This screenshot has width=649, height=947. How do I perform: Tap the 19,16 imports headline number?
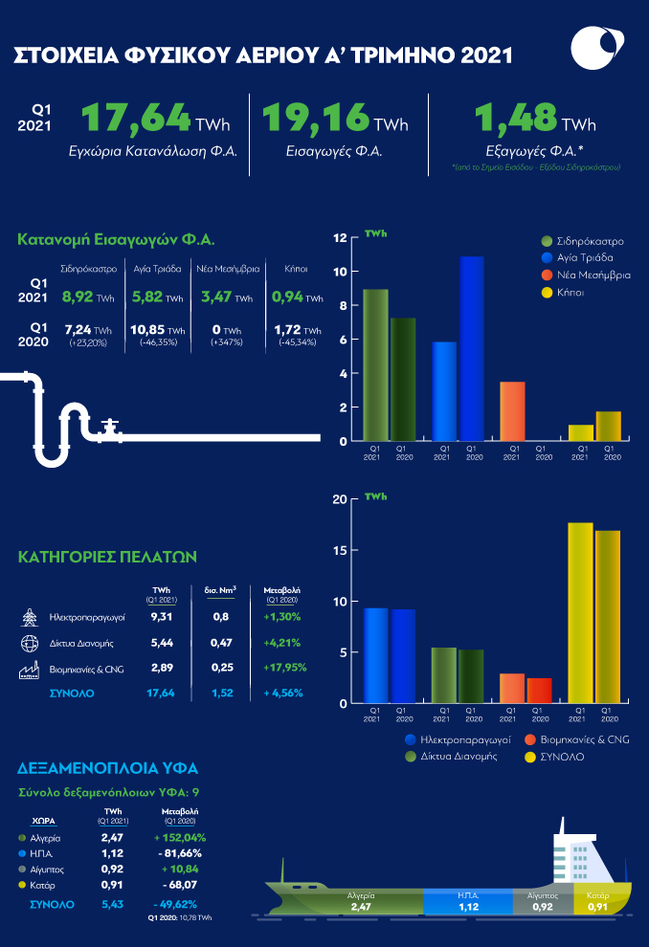coord(316,120)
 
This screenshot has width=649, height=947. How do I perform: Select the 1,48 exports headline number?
coord(517,120)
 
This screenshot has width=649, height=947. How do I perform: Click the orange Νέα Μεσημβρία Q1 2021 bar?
coord(514,411)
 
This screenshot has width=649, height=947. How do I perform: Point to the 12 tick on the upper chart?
coord(340,237)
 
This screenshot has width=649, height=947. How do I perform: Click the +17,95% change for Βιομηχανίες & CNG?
coord(282,668)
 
